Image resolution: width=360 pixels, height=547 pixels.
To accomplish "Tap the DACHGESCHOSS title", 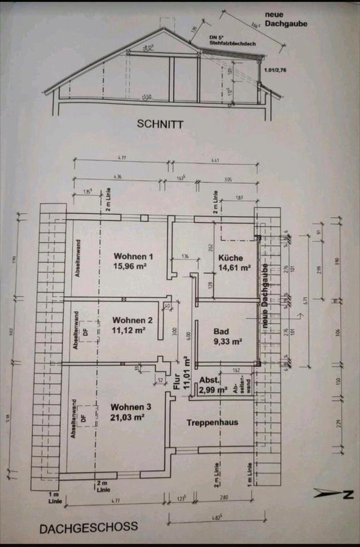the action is coord(88,527).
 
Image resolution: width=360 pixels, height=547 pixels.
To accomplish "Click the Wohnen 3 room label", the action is coord(130,407).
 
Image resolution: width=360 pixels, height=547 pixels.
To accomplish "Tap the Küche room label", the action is coord(231,258).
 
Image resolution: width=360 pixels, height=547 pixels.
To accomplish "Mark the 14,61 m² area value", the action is coord(234,267).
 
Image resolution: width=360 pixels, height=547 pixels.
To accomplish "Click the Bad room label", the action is coord(220,332).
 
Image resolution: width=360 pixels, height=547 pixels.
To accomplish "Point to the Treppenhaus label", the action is coord(212,423).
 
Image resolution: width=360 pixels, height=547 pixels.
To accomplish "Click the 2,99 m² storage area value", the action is coord(214,390).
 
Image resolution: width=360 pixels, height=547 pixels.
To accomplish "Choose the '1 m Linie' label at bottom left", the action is coord(54,497).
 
